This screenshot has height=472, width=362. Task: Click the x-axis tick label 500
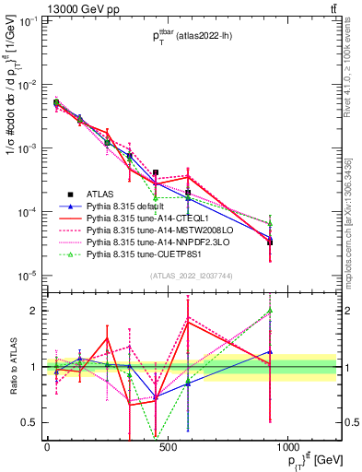168,446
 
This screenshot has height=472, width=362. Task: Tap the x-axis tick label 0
47,446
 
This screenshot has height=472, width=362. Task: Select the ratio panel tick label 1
34,367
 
